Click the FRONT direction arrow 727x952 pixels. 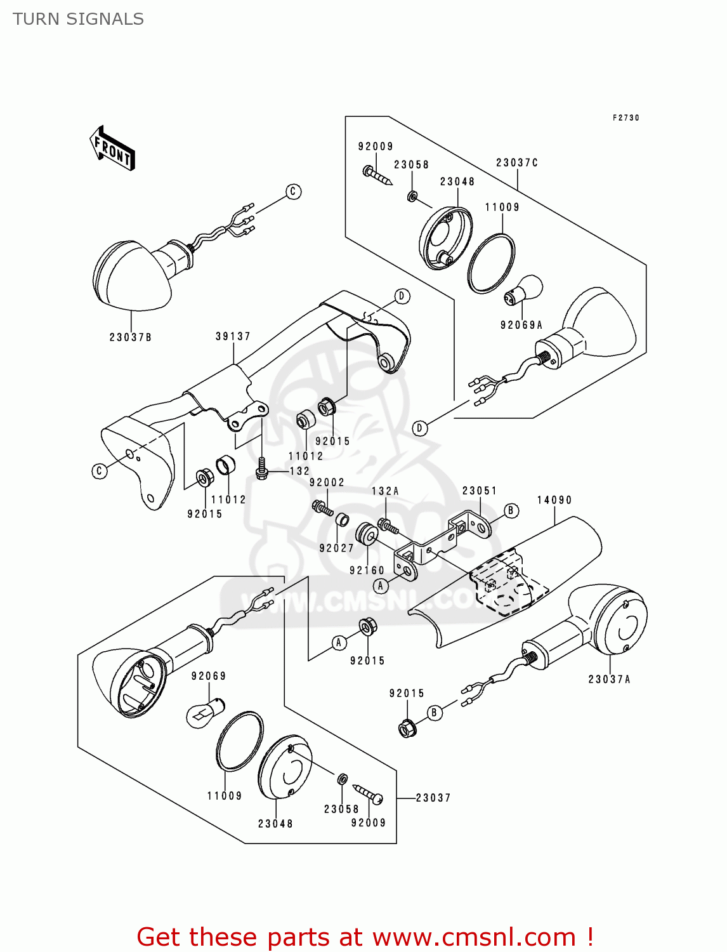click(x=113, y=149)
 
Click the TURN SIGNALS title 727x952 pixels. click(x=78, y=19)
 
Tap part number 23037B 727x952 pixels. click(x=130, y=337)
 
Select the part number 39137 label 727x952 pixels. click(x=233, y=336)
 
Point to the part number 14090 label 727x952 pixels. click(x=554, y=500)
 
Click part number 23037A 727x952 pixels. click(x=609, y=679)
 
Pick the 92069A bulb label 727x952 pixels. click(x=521, y=325)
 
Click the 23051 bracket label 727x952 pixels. click(x=480, y=491)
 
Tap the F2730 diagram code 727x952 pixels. click(x=625, y=118)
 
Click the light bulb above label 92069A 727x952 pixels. click(x=524, y=291)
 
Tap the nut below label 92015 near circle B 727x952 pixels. click(x=407, y=728)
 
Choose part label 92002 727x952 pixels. click(x=327, y=482)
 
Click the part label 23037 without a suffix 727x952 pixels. click(x=433, y=798)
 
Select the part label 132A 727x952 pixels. click(x=385, y=491)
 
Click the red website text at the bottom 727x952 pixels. click(x=365, y=937)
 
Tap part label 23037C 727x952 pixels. click(x=517, y=162)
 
